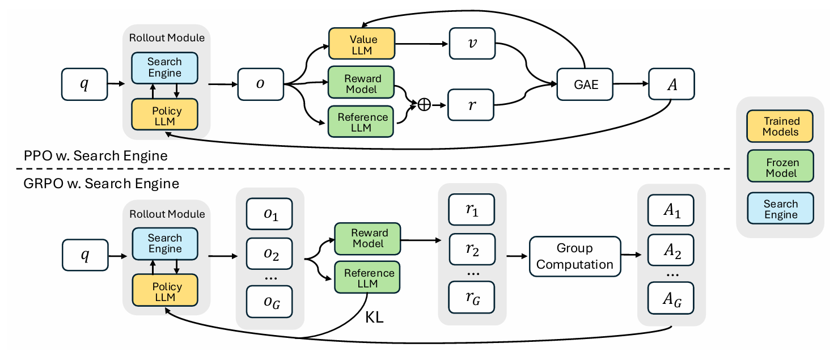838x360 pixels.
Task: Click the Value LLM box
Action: click(x=361, y=45)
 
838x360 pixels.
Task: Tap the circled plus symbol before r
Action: click(x=424, y=105)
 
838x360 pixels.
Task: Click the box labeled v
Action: click(x=472, y=45)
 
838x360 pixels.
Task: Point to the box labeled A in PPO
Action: click(x=671, y=85)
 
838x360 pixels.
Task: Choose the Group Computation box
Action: click(x=574, y=256)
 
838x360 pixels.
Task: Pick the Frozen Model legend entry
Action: click(x=781, y=167)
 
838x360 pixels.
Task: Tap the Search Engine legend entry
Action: click(x=781, y=209)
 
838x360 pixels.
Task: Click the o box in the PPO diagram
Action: click(x=260, y=85)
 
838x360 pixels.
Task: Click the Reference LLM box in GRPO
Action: click(x=367, y=278)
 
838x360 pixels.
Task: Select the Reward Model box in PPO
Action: click(x=361, y=84)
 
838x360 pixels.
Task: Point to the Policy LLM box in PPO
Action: click(x=164, y=116)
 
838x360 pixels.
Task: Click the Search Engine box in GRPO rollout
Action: click(x=164, y=244)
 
